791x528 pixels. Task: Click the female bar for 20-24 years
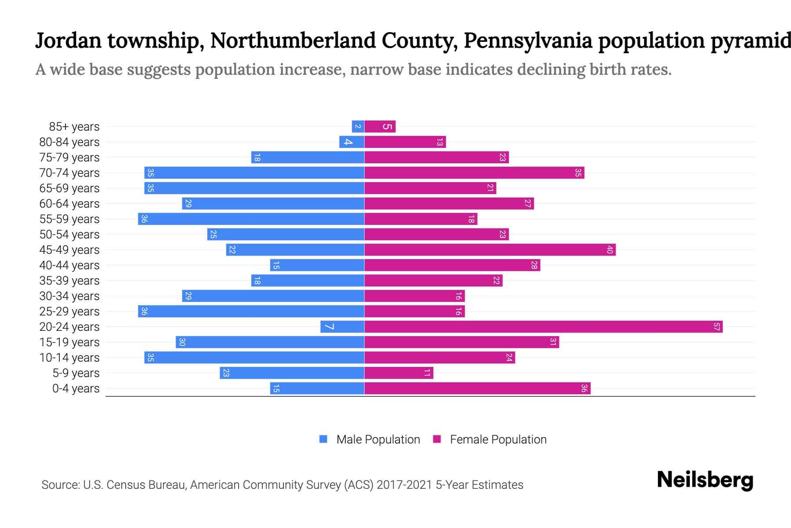pyautogui.click(x=543, y=327)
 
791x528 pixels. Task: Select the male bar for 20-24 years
pyautogui.click(x=342, y=327)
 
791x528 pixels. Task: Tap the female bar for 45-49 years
pyautogui.click(x=490, y=250)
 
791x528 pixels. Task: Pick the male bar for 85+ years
pyautogui.click(x=358, y=127)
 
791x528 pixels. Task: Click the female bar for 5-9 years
pyautogui.click(x=399, y=373)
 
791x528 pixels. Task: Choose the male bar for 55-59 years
pyautogui.click(x=251, y=219)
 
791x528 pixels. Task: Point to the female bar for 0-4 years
pyautogui.click(x=477, y=389)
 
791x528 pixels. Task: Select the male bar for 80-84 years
pyautogui.click(x=352, y=142)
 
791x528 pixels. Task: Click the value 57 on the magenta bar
pyautogui.click(x=716, y=327)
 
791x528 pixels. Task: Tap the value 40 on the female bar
pyautogui.click(x=610, y=250)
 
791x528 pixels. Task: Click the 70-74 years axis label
pyautogui.click(x=69, y=173)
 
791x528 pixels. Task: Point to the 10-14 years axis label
pyautogui.click(x=69, y=358)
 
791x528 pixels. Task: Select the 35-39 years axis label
pyautogui.click(x=69, y=281)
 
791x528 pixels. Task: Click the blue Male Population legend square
pyautogui.click(x=323, y=439)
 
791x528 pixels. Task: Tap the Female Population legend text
pyautogui.click(x=498, y=440)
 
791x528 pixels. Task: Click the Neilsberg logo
pyautogui.click(x=705, y=480)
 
